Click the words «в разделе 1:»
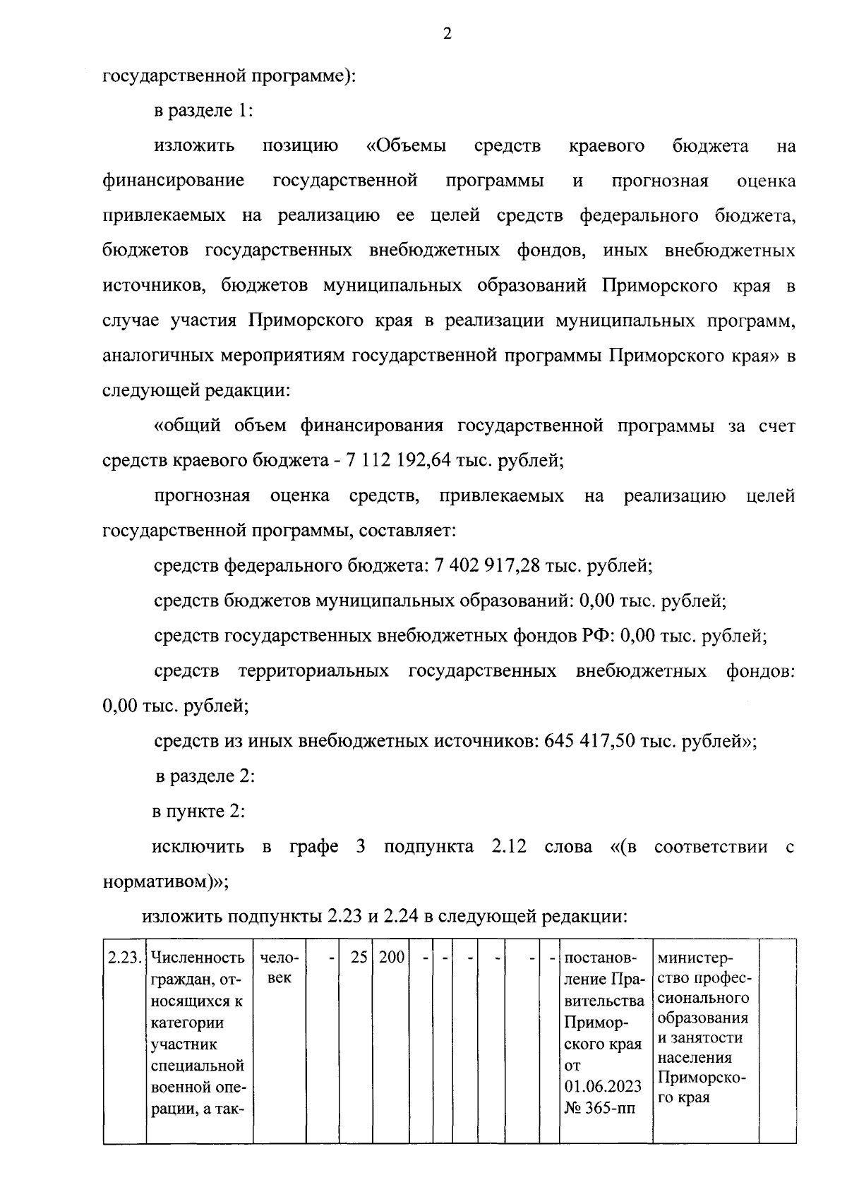coord(203,111)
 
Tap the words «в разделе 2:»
coord(205,777)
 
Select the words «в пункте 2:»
coord(198,812)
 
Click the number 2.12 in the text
coord(508,847)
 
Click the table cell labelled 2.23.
coord(124,958)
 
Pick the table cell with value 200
coord(392,958)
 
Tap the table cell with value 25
coord(359,958)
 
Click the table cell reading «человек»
coord(280,968)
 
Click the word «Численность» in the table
coord(198,958)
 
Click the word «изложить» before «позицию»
coord(195,146)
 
